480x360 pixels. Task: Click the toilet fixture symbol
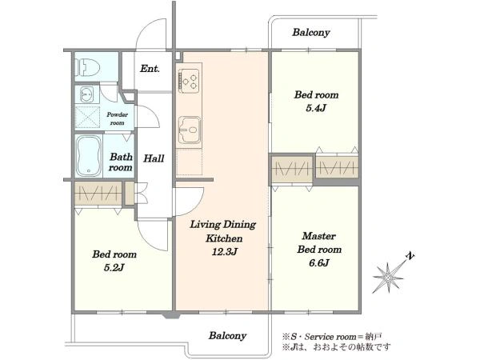[x=89, y=67]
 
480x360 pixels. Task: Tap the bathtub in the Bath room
[x=89, y=156]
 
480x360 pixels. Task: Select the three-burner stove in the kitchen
[x=189, y=81]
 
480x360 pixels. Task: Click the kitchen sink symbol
[x=190, y=130]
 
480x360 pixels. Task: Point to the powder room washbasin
[x=87, y=94]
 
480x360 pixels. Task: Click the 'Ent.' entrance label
[x=150, y=69]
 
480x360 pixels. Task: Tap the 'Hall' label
[x=154, y=158]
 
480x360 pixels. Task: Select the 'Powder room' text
[x=118, y=118]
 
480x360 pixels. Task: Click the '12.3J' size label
[x=224, y=252]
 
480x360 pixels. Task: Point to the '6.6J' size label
[x=318, y=262]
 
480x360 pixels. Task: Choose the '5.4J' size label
[x=316, y=108]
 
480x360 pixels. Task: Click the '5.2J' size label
[x=114, y=267]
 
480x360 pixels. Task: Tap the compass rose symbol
[x=388, y=278]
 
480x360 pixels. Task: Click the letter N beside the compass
[x=410, y=256]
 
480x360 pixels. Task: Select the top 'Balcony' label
[x=311, y=33]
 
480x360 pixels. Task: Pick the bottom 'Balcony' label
[x=227, y=335]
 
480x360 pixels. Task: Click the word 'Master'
[x=318, y=236]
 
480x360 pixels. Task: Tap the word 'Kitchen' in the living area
[x=224, y=238]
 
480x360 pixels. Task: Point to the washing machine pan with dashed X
[x=87, y=117]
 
